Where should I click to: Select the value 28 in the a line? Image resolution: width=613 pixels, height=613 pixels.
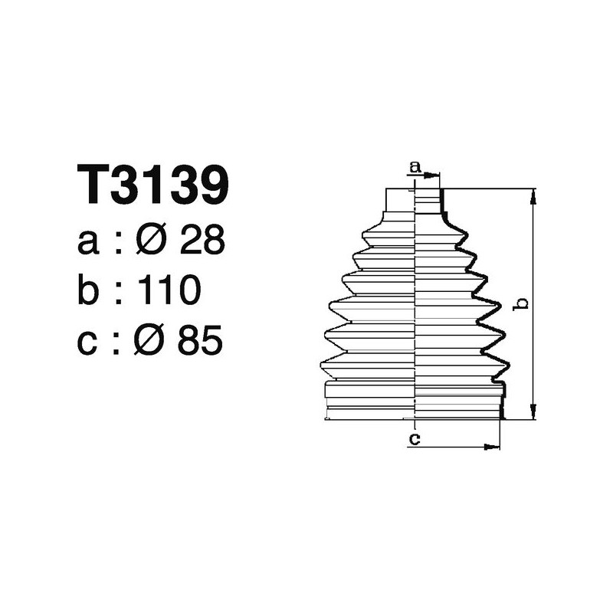(202, 242)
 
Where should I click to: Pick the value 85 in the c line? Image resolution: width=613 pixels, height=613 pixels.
(200, 341)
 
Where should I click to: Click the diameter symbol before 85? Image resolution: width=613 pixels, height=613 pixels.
(152, 341)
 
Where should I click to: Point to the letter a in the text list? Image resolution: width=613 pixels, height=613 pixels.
(90, 244)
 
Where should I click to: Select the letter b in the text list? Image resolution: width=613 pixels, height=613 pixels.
(90, 291)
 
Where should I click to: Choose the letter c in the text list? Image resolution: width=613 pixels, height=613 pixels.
(89, 343)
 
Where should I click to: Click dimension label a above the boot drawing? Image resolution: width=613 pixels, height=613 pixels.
(415, 166)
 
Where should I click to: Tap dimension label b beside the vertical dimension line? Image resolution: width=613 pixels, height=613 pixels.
(520, 303)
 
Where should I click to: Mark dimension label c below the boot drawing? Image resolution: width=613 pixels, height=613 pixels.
(414, 438)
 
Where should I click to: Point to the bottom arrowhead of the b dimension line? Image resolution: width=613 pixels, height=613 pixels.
(533, 414)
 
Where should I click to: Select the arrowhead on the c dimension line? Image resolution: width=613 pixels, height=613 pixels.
(495, 446)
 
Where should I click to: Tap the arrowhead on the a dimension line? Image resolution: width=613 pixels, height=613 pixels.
(436, 175)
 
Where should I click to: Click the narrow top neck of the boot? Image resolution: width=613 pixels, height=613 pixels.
(414, 201)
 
